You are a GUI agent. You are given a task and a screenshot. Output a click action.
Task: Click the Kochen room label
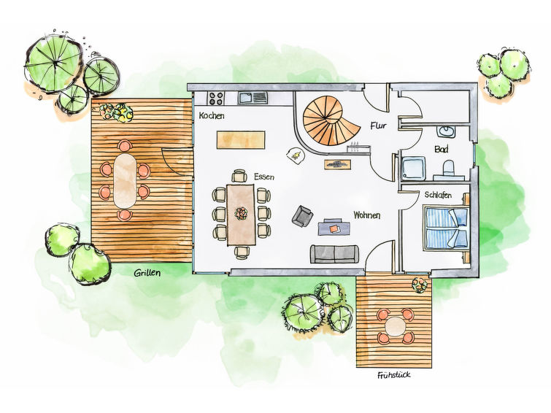pyautogui.click(x=212, y=115)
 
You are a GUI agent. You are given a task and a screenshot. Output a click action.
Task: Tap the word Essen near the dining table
pyautogui.click(x=264, y=177)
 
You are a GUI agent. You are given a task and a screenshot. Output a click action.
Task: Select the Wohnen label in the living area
pyautogui.click(x=367, y=215)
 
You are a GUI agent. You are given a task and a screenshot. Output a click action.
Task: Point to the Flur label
pyautogui.click(x=378, y=126)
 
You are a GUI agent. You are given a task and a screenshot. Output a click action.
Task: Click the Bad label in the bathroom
pyautogui.click(x=442, y=149)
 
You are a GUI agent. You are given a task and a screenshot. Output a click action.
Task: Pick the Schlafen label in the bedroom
pyautogui.click(x=438, y=195)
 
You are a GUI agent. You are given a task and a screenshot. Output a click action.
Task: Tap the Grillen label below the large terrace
pyautogui.click(x=147, y=273)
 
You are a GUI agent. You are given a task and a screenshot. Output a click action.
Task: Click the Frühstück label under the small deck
pyautogui.click(x=394, y=375)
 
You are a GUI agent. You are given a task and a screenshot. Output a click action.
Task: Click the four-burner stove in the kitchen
pyautogui.click(x=216, y=98)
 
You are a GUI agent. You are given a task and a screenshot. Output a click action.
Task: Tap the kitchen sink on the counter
pyautogui.click(x=253, y=97)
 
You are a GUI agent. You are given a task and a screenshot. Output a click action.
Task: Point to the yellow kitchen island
pyautogui.click(x=241, y=140)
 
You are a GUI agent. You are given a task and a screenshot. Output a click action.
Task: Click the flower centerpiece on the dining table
pyautogui.click(x=242, y=213)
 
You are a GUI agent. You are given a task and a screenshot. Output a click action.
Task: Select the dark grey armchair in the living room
pyautogui.click(x=303, y=215)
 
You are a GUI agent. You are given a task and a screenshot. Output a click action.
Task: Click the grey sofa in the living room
pyautogui.click(x=334, y=254)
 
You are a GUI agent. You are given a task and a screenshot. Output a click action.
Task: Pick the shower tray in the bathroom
pyautogui.click(x=413, y=168)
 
